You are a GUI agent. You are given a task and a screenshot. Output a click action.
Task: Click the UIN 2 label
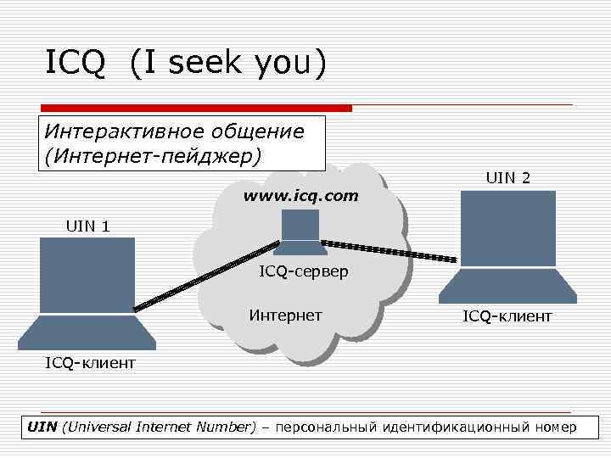tap(508, 178)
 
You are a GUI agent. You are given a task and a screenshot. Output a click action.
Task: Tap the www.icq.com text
tap(301, 196)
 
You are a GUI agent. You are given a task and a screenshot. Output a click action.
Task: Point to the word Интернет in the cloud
tap(285, 316)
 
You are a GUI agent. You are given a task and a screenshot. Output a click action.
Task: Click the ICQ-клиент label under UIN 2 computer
tap(507, 316)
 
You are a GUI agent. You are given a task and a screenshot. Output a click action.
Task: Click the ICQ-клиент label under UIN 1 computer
tap(90, 363)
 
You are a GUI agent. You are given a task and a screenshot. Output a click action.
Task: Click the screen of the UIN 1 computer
tap(87, 274)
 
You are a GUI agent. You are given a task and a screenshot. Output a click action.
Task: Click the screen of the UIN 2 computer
tap(507, 227)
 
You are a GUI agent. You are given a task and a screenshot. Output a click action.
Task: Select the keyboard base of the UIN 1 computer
tap(87, 332)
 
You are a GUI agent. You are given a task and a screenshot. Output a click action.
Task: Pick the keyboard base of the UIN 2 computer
tap(507, 286)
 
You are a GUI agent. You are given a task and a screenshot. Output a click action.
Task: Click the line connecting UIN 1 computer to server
tap(207, 276)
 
